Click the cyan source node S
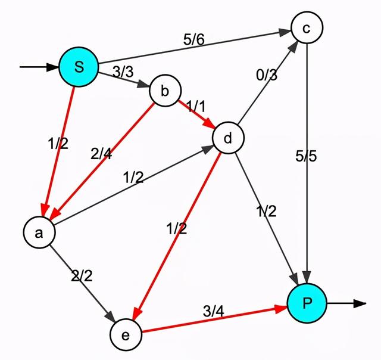pos(79,67)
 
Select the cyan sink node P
pos(307,303)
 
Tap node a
pos(39,233)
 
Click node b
pos(165,91)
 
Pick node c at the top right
pos(307,27)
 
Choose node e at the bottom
pos(126,335)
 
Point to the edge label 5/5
pos(307,157)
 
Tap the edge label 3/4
pos(214,310)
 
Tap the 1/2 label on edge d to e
pos(176,227)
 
